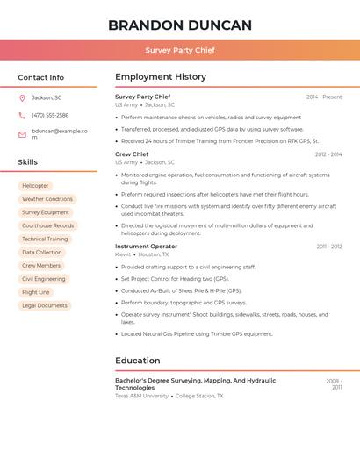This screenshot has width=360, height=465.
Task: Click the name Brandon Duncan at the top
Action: click(180, 25)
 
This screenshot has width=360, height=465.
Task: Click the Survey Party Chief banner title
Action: click(180, 50)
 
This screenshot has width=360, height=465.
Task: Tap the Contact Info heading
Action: click(41, 77)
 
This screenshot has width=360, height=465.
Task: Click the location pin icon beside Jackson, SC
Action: click(22, 97)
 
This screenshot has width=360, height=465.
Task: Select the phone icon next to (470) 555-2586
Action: click(22, 115)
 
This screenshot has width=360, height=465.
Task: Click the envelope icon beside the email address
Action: click(22, 134)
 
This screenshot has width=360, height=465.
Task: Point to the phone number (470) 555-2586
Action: click(50, 115)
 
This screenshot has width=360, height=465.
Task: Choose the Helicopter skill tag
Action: click(35, 186)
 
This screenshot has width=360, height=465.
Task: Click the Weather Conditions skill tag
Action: click(47, 199)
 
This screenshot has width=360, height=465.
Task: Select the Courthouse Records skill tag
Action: click(47, 225)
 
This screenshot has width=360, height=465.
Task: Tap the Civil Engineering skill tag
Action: click(44, 279)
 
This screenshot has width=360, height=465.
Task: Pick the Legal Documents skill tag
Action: click(45, 305)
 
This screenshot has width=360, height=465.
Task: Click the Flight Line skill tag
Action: click(36, 292)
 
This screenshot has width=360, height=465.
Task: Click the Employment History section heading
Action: click(161, 76)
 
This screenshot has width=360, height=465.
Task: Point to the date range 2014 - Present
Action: click(324, 97)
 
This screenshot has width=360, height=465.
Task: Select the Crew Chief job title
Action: click(132, 154)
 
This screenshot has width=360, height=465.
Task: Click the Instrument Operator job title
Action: click(146, 247)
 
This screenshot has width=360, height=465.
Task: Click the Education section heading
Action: click(138, 360)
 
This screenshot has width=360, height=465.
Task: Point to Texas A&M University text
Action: click(141, 396)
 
